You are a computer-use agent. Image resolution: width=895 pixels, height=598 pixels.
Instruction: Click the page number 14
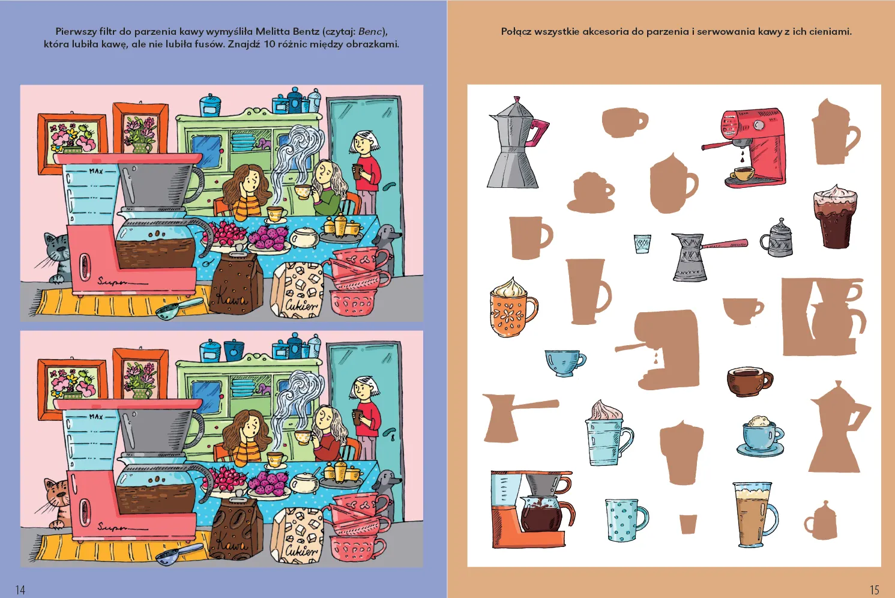(20, 589)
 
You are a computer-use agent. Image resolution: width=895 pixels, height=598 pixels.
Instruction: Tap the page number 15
(874, 589)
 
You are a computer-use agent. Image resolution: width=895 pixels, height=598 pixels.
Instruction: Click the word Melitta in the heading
(273, 31)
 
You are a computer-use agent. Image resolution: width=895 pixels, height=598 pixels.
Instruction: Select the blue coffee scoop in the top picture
(178, 308)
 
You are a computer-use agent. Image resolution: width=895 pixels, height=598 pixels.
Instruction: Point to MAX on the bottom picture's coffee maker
(96, 417)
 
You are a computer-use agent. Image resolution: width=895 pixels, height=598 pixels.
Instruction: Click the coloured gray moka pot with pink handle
(517, 142)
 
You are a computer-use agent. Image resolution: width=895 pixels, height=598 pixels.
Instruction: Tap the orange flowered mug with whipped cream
(513, 307)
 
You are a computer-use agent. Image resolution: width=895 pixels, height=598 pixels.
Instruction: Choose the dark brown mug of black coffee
(750, 381)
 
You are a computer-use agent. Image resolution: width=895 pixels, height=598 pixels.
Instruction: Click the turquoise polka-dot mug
(625, 520)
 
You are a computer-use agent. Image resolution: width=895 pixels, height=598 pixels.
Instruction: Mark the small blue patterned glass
(642, 244)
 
